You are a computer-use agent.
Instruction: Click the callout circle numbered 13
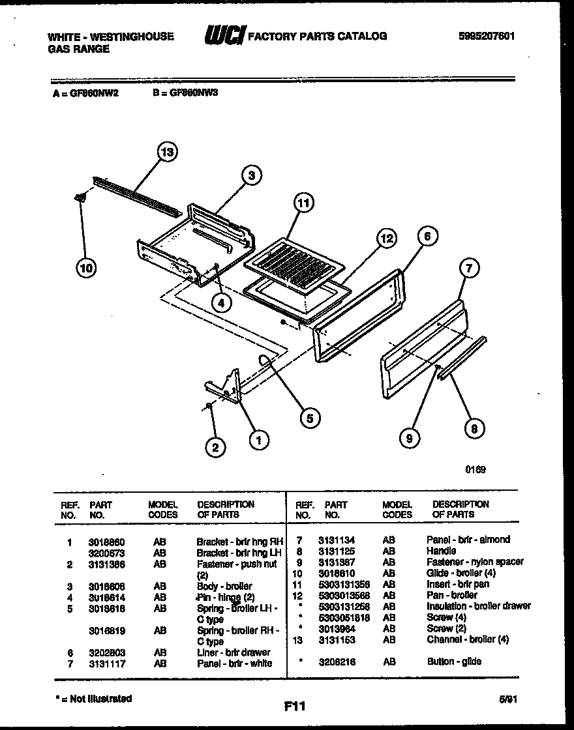point(168,153)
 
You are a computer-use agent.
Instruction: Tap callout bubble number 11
point(301,203)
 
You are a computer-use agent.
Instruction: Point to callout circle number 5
point(309,418)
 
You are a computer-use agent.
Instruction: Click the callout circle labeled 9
point(409,438)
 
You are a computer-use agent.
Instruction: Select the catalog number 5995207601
point(487,36)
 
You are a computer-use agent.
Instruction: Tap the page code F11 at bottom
point(295,705)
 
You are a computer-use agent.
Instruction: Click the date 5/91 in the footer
point(507,698)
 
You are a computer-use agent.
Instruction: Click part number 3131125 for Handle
point(337,550)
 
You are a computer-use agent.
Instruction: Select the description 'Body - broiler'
point(224,586)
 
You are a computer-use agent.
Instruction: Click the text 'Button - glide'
point(454,662)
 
